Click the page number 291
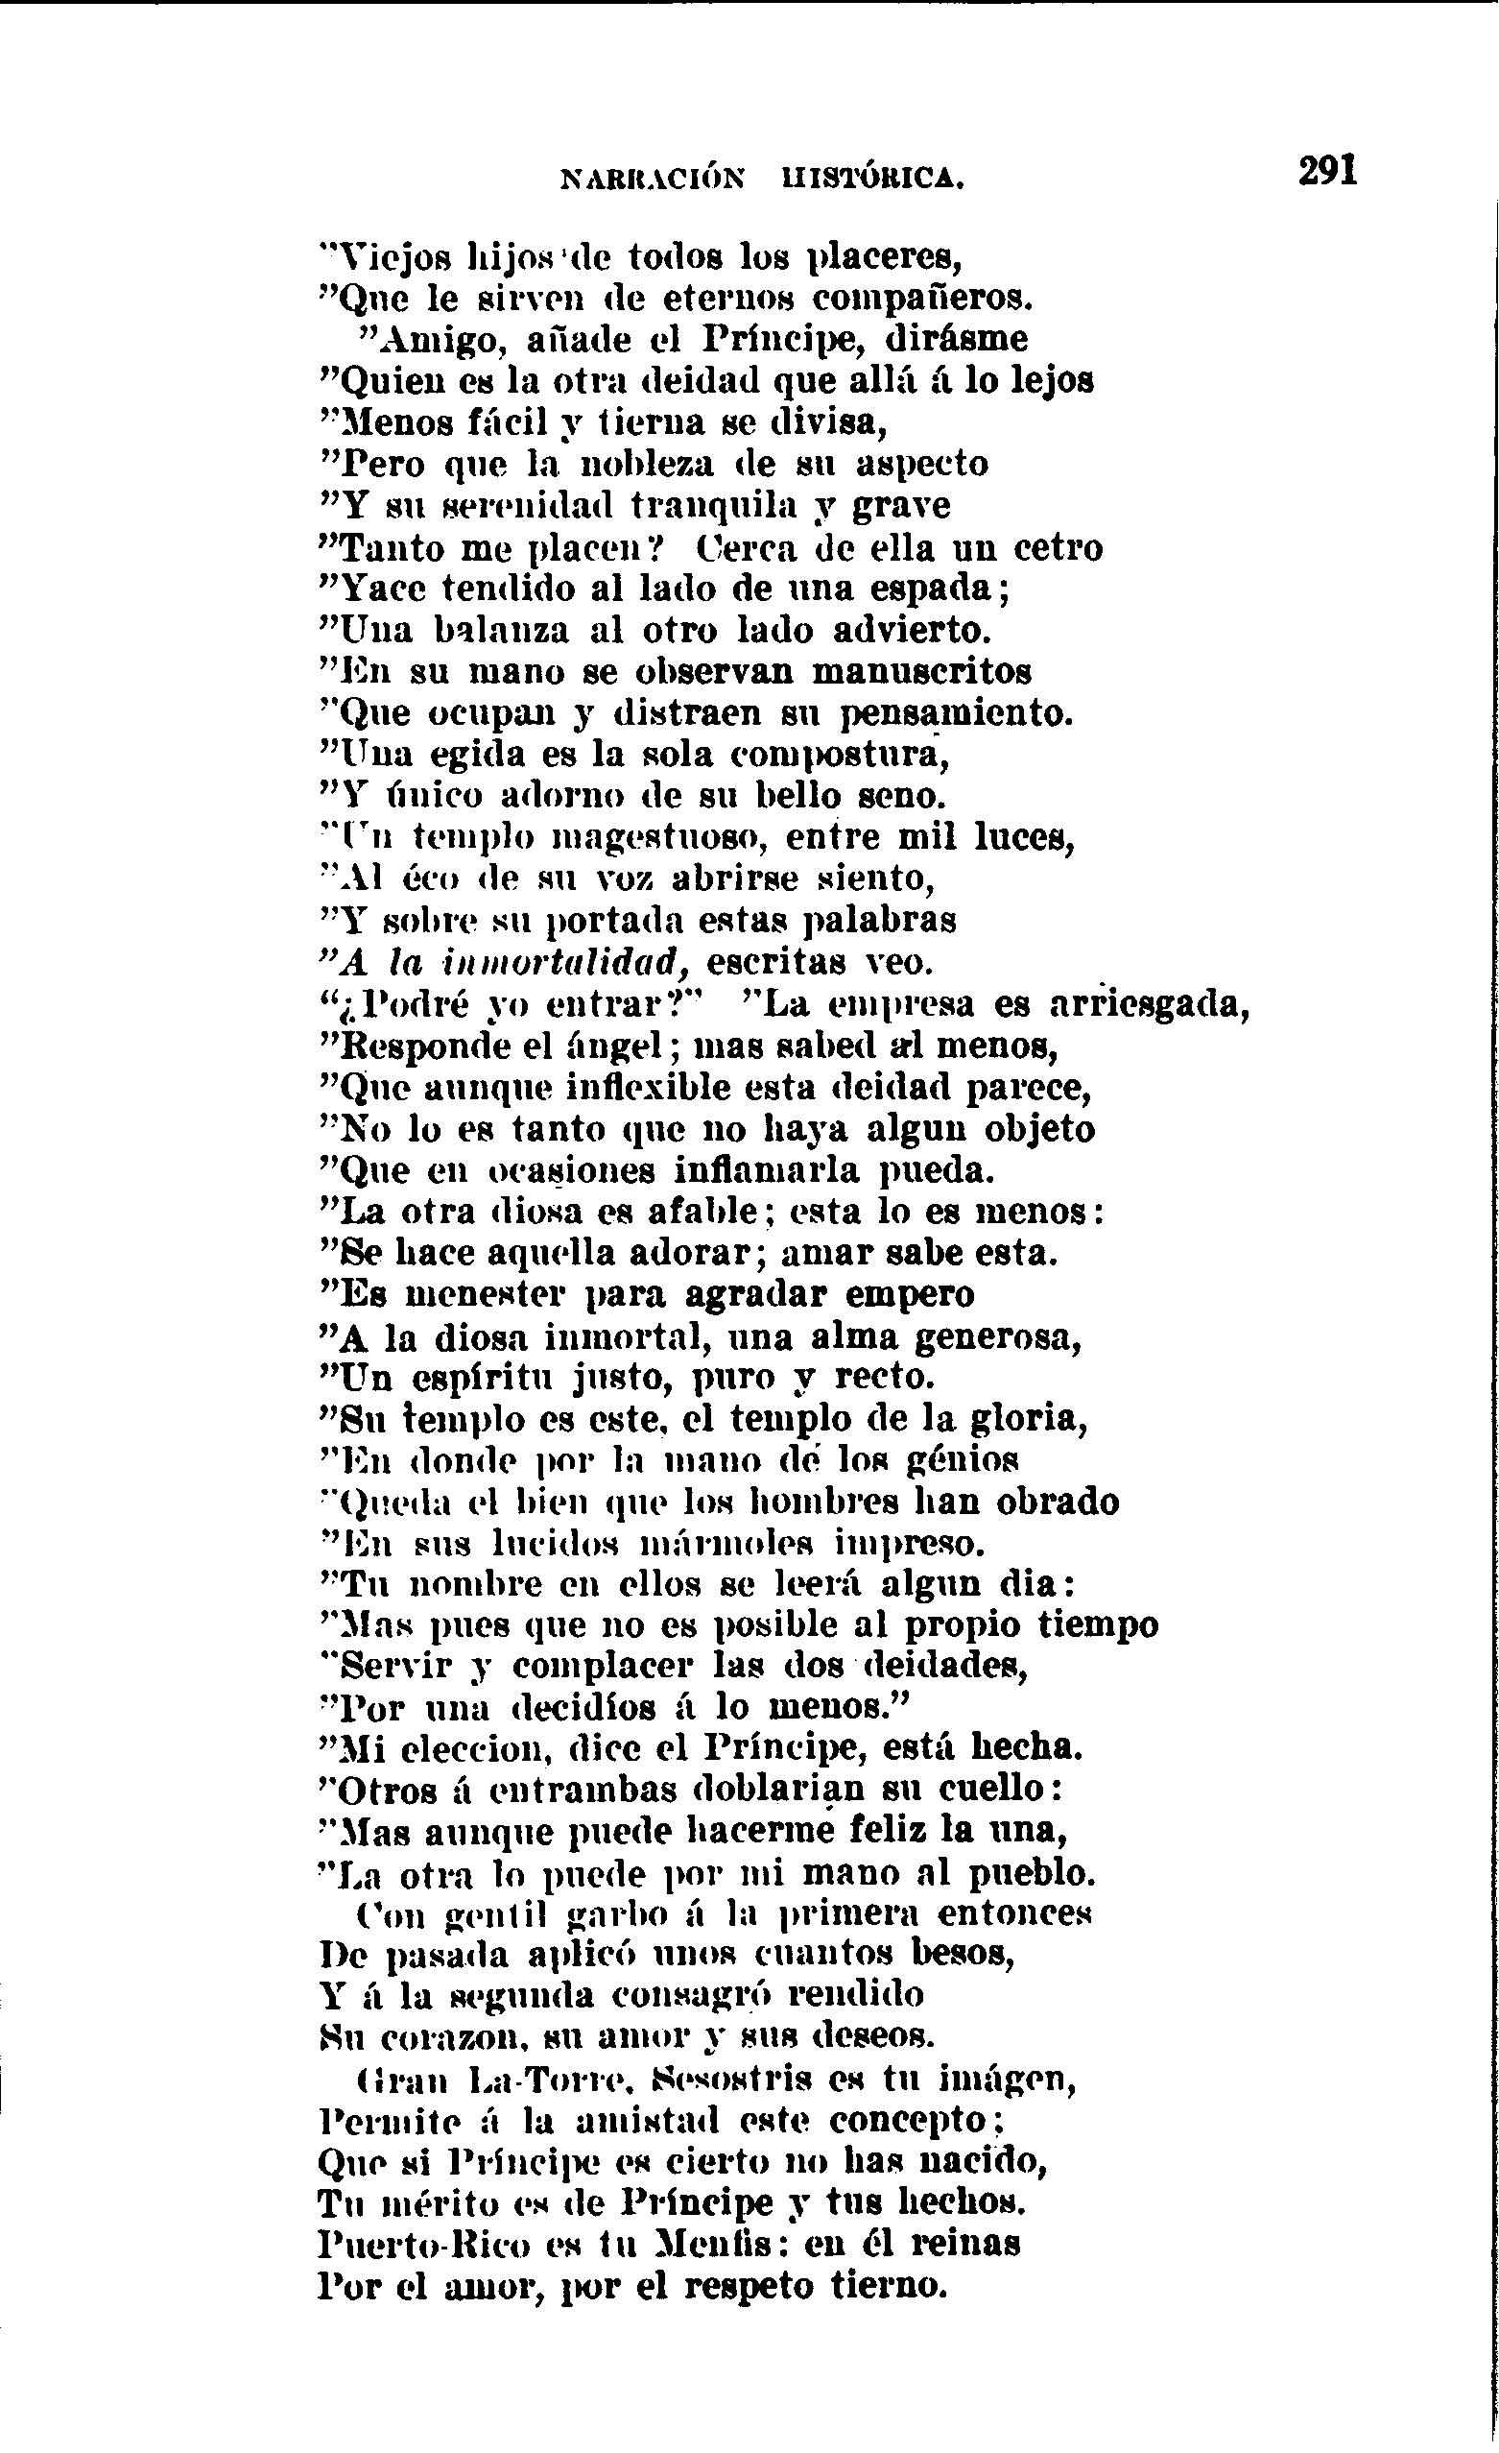point(1328,170)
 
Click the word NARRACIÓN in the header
point(652,180)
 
